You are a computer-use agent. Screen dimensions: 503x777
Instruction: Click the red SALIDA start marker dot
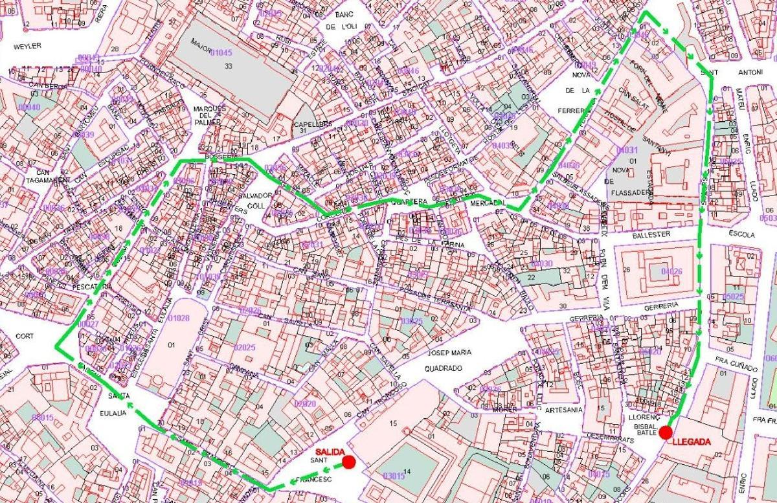[348, 462]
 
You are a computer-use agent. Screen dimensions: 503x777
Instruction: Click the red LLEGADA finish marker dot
[665, 432]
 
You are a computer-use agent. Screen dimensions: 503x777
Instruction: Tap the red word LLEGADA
[692, 442]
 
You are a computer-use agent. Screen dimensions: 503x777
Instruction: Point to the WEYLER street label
[27, 46]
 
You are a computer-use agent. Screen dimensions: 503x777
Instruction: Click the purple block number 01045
[221, 52]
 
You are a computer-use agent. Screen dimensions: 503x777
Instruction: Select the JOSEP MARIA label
[449, 353]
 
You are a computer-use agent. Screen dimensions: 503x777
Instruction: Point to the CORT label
[25, 336]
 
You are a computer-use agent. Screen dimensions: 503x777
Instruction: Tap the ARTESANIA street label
[563, 409]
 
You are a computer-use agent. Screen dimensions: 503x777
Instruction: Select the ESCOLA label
[742, 234]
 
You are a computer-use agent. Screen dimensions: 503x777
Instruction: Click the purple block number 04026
[672, 271]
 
